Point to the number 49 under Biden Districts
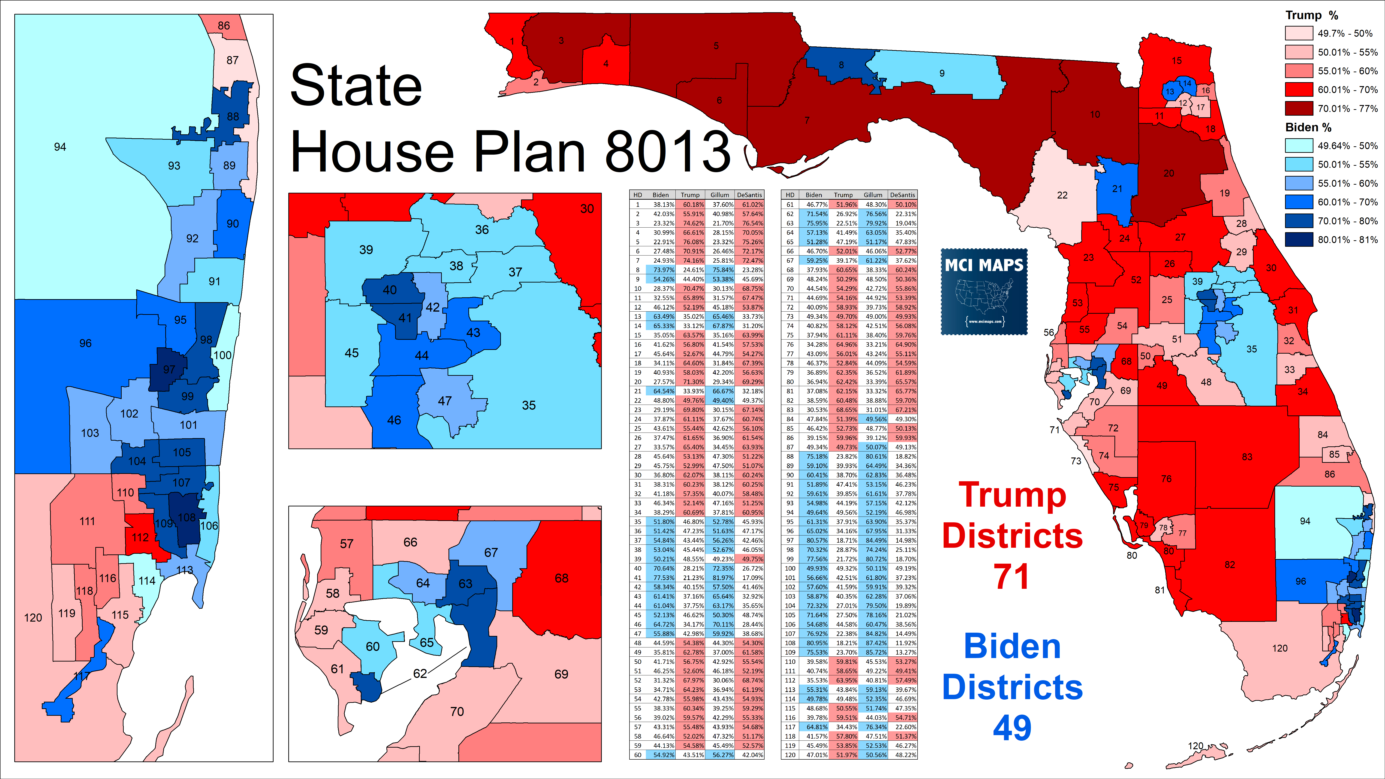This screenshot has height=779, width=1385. (x=1012, y=728)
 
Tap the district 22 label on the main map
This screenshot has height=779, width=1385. (x=1062, y=195)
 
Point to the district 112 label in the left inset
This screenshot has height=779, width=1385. (x=140, y=537)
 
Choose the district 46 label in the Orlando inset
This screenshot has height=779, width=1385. (x=394, y=420)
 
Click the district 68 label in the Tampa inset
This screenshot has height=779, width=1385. (x=561, y=578)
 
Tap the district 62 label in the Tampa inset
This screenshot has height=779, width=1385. (x=420, y=673)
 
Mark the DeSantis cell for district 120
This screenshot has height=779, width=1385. (x=902, y=755)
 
